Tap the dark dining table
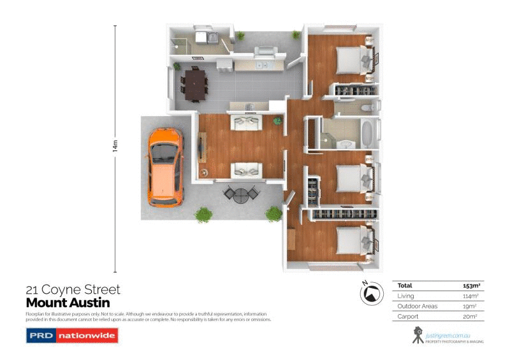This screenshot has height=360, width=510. coord(194,84)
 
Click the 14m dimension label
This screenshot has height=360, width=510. coord(115,146)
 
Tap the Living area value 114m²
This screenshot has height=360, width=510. coord(470,296)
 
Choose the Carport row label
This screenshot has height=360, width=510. coord(408,316)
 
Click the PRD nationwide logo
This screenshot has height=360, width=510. coord(72,335)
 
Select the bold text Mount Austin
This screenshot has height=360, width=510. coord(68,303)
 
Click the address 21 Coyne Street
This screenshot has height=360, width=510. coord(72,290)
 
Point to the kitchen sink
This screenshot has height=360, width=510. coord(261,64)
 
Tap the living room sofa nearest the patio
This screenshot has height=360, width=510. coord(245,169)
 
